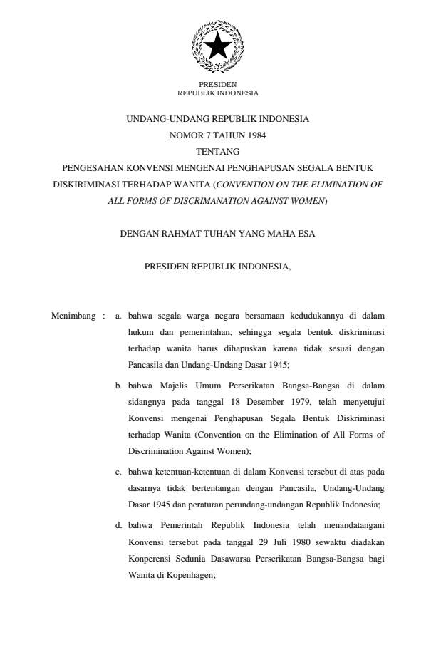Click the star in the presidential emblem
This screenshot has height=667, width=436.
tap(217, 46)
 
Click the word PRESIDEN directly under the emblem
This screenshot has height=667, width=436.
tap(217, 85)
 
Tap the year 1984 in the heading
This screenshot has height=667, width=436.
tap(256, 135)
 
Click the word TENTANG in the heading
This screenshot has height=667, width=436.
tap(217, 151)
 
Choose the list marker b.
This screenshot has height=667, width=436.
tap(119, 386)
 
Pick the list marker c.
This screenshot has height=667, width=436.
tap(119, 472)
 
